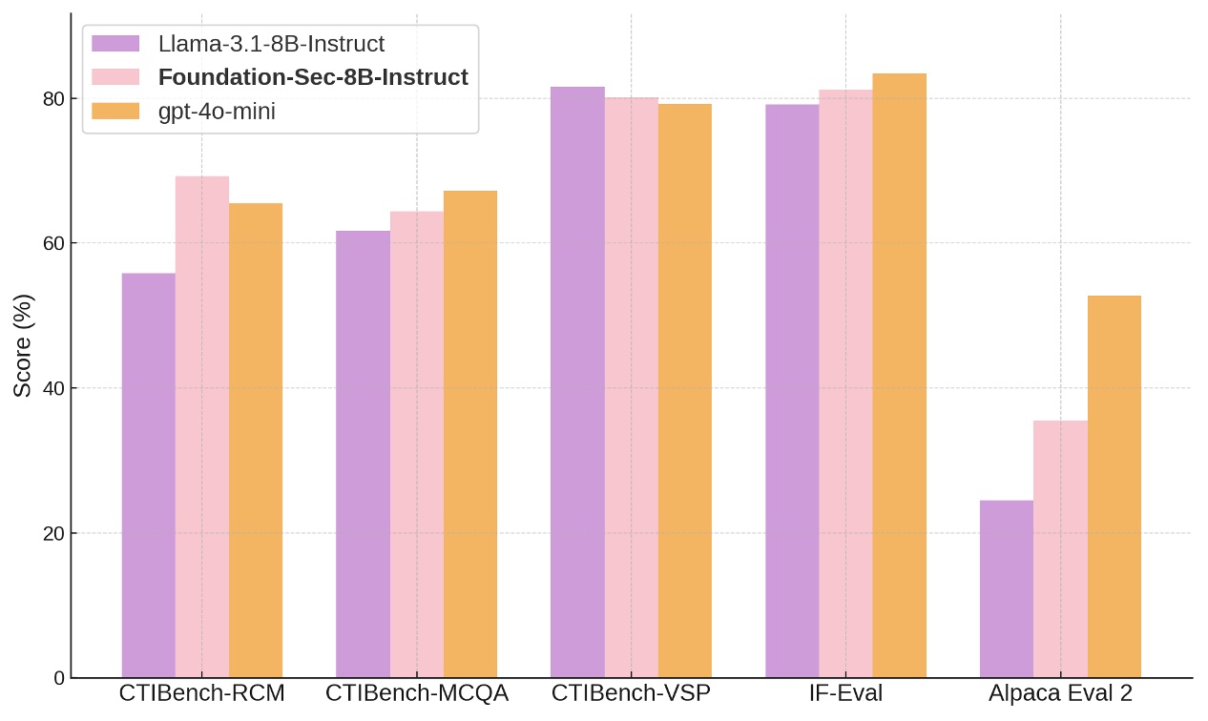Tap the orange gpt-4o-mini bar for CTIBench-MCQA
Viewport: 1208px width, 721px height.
click(470, 434)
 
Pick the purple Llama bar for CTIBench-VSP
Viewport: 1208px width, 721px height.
click(577, 381)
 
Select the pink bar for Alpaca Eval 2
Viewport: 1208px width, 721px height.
click(1060, 548)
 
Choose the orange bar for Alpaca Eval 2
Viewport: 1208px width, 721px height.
click(1114, 486)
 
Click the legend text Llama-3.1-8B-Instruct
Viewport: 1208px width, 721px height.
click(271, 44)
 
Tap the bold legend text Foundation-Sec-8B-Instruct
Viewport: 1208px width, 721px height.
click(313, 77)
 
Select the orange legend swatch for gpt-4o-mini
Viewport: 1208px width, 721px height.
click(115, 112)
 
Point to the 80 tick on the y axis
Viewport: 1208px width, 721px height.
click(53, 98)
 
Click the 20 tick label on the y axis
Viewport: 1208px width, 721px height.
click(53, 533)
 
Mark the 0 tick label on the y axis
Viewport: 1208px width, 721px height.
click(59, 678)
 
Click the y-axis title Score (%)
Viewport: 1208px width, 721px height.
click(24, 345)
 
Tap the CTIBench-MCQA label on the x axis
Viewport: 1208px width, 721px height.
click(417, 694)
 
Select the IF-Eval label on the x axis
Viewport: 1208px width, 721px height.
click(845, 694)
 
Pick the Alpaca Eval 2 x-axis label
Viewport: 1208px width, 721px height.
click(1060, 694)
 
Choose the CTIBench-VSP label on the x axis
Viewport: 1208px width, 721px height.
click(631, 694)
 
